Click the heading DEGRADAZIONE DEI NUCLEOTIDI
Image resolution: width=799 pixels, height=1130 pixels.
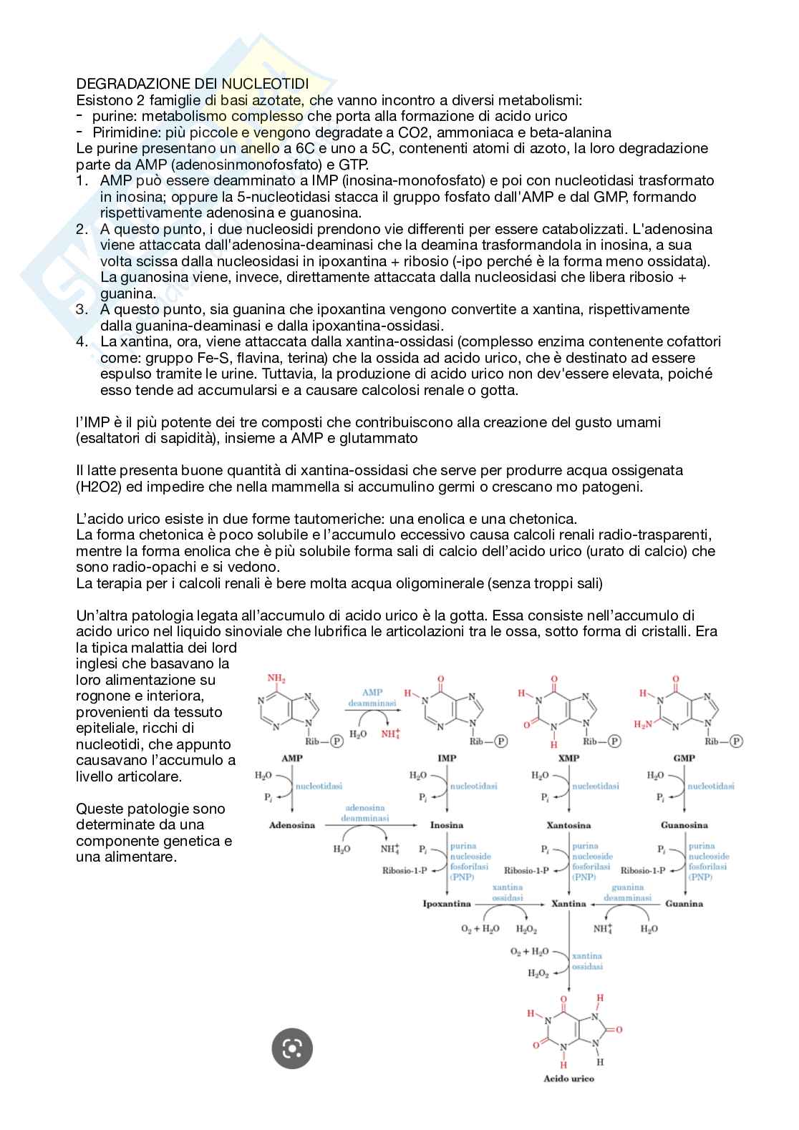203,84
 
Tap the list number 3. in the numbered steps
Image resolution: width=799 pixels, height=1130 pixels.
83,309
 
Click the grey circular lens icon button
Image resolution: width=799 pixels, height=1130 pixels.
292,1048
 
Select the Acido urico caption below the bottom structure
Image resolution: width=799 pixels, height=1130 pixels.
569,1078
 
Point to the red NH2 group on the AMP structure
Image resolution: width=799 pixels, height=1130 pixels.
276,678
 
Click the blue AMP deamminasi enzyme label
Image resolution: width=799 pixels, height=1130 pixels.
372,698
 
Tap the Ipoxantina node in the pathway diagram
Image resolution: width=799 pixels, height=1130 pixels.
447,904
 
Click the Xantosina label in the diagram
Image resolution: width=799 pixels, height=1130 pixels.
568,825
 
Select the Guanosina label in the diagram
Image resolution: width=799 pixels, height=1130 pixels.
684,825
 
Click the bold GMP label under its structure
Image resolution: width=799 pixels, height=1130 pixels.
684,758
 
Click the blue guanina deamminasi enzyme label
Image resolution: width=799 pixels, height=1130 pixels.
627,892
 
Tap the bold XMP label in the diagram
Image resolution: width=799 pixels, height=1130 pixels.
568,758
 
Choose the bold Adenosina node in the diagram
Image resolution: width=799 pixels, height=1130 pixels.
292,825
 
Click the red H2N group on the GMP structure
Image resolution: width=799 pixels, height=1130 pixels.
643,724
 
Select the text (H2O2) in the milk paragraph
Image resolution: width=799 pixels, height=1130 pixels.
101,487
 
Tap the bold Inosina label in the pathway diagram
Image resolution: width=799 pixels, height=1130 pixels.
447,825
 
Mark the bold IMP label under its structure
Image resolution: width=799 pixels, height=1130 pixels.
447,758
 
